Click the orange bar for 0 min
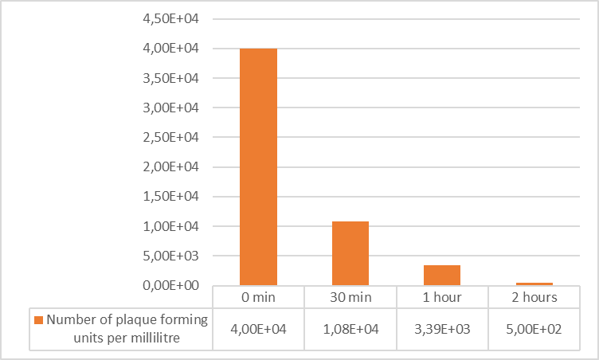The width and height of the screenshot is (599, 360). [258, 166]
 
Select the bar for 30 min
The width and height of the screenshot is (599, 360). [350, 252]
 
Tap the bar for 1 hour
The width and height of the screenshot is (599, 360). [441, 275]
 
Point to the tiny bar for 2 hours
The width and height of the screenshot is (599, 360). [534, 284]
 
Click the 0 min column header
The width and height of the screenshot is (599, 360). [258, 297]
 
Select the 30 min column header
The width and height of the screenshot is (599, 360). [350, 297]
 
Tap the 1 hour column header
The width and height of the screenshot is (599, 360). [441, 297]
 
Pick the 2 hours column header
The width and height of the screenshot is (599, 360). [534, 297]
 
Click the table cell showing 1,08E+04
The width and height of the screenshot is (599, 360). [350, 328]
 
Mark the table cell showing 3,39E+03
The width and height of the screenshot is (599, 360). [441, 328]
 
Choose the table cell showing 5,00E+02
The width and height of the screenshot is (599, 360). [534, 328]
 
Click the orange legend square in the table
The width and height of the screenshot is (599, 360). [38, 320]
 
